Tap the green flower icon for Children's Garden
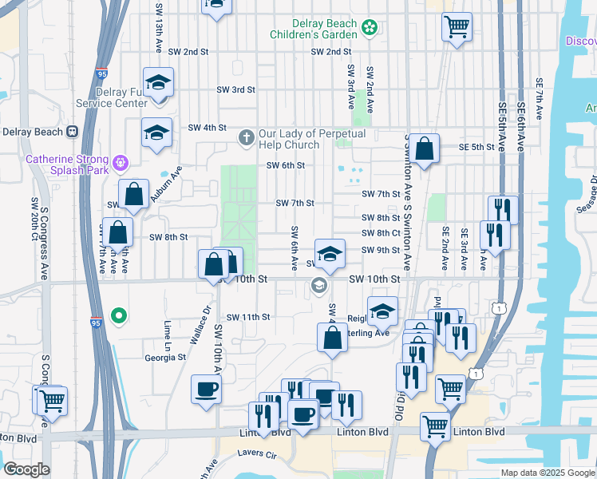(x=369, y=29)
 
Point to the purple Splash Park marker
(x=121, y=164)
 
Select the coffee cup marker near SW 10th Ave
(x=207, y=390)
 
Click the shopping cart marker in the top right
(x=457, y=26)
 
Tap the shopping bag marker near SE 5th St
(x=425, y=148)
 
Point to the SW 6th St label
(x=286, y=166)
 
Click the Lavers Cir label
(x=256, y=454)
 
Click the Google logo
(x=27, y=469)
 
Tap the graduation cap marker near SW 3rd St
(x=158, y=82)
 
